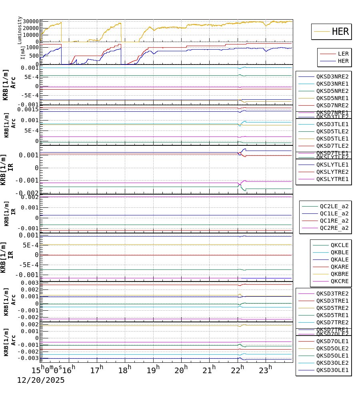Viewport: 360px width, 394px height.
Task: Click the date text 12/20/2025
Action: [x=40, y=380]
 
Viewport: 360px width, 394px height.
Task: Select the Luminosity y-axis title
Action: [x=20, y=30]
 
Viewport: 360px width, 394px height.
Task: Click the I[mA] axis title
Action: [x=23, y=52]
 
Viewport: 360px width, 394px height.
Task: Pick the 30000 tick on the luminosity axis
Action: [x=31, y=22]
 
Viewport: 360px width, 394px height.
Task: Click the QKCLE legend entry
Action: [x=339, y=245]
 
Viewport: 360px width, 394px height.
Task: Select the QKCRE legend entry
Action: [x=339, y=281]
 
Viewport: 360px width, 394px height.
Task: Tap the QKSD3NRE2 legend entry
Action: [x=332, y=76]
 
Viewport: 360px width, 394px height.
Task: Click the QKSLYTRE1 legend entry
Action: [x=332, y=179]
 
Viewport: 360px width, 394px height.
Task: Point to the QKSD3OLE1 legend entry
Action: [x=332, y=370]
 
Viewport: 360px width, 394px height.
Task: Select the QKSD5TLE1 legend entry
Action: [x=332, y=139]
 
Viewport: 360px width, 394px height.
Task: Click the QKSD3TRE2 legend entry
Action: [x=332, y=293]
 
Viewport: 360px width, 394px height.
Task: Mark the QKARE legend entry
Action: [x=339, y=267]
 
